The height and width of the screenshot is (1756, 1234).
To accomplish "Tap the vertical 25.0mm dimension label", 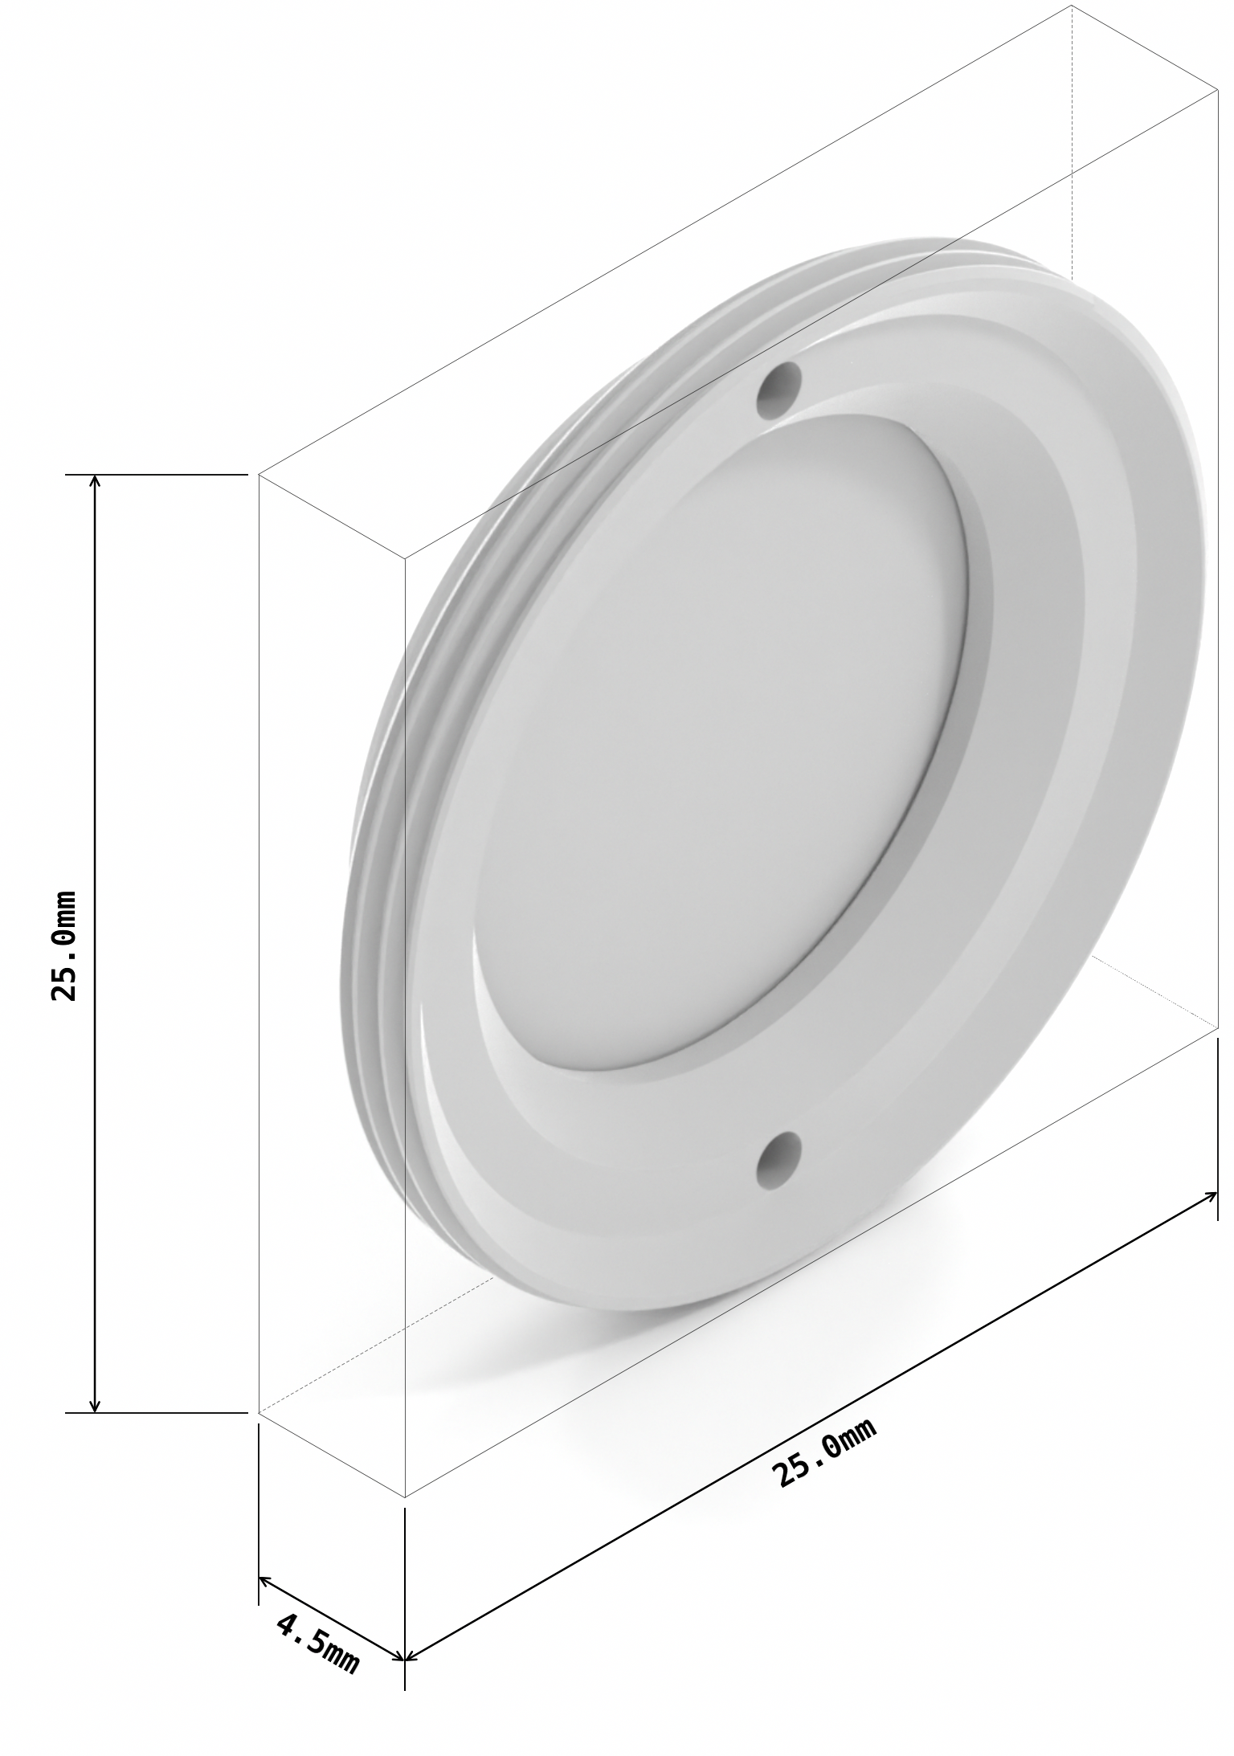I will point(63,945).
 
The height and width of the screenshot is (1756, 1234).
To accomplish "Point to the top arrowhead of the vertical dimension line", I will point(95,481).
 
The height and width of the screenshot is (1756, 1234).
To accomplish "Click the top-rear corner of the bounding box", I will point(1072,6).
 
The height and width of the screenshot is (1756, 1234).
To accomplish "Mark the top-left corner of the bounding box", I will point(259,475).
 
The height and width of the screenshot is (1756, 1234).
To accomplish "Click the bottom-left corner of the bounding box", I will point(259,1412).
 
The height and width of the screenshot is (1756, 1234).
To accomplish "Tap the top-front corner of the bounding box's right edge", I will point(1217,91).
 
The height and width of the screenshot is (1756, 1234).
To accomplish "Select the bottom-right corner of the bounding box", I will point(1217,1028).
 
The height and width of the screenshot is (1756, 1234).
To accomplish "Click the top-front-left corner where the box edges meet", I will point(404,558).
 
